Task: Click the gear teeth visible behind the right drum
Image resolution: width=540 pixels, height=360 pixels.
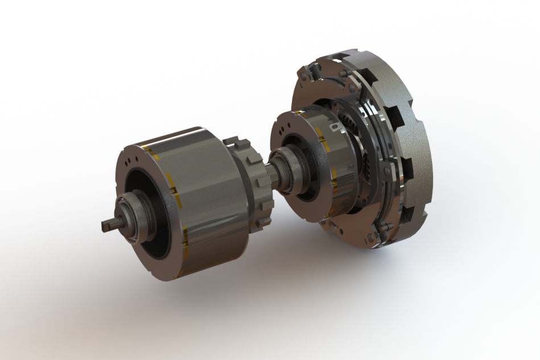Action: pos(346,122)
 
